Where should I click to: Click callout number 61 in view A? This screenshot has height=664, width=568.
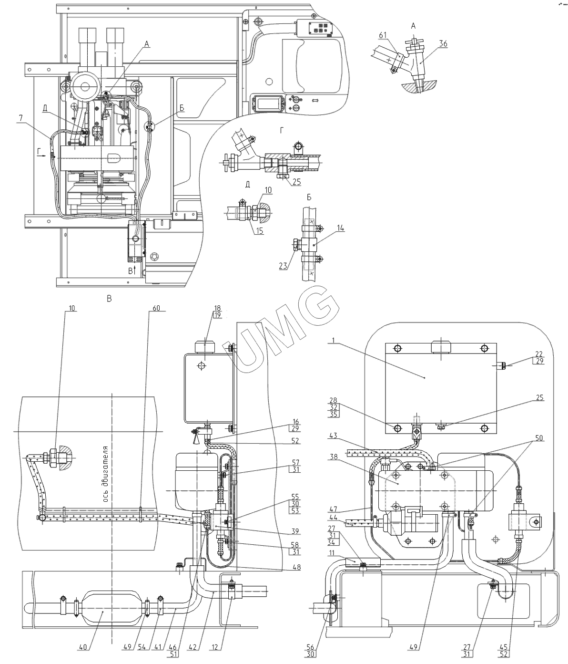tap(383, 35)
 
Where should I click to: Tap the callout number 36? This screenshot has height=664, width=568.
tap(443, 44)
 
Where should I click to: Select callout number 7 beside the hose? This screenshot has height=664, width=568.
tap(21, 118)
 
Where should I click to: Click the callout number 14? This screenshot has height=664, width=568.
tap(341, 228)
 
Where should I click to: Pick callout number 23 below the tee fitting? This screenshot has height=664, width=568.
tap(283, 266)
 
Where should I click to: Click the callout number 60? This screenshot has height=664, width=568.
tap(156, 308)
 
